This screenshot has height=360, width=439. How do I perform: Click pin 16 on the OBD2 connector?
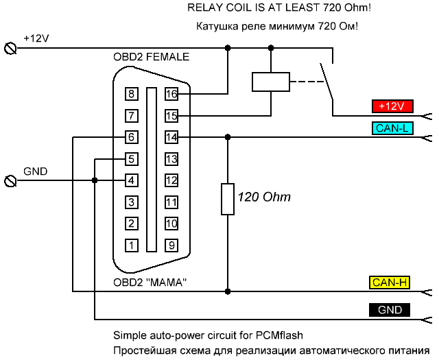click(x=171, y=94)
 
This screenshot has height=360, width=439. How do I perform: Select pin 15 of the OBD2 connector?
click(x=171, y=116)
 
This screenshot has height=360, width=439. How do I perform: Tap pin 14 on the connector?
click(x=171, y=137)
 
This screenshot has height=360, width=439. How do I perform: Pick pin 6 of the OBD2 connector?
click(x=132, y=137)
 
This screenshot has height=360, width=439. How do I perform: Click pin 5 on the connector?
click(x=132, y=159)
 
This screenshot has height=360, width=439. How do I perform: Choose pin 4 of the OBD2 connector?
click(x=132, y=180)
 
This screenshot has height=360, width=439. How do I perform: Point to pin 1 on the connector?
click(x=132, y=245)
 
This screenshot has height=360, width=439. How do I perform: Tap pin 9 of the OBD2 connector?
click(x=171, y=245)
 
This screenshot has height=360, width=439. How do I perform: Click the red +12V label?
click(x=392, y=106)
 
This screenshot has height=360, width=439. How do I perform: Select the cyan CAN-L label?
click(x=392, y=128)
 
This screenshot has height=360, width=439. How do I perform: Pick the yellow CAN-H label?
click(x=390, y=283)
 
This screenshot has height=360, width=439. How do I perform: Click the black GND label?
click(x=390, y=310)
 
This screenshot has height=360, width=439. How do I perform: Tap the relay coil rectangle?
click(x=271, y=82)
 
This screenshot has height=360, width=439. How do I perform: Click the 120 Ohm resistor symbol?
click(x=228, y=199)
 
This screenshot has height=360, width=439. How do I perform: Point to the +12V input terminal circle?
click(x=11, y=49)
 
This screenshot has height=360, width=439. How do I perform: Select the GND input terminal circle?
click(x=11, y=181)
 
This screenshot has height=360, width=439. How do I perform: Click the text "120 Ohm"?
click(x=264, y=197)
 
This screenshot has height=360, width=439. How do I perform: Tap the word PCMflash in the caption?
click(x=279, y=335)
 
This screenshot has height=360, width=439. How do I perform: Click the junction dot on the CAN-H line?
click(x=228, y=291)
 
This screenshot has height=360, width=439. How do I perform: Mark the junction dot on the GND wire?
click(x=95, y=180)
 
